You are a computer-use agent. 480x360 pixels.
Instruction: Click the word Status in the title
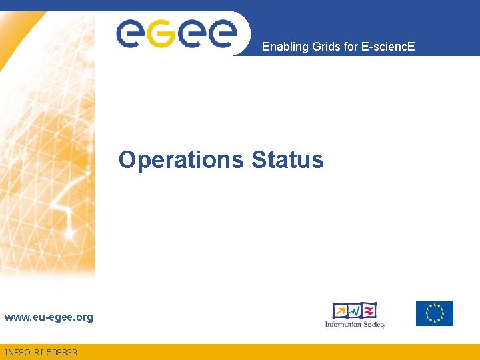pyautogui.click(x=287, y=160)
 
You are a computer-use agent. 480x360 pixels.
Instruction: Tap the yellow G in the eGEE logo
pyautogui.click(x=161, y=33)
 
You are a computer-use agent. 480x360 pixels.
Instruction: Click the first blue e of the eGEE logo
pyautogui.click(x=130, y=33)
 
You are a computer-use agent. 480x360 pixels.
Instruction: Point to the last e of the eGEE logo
pyautogui.click(x=221, y=33)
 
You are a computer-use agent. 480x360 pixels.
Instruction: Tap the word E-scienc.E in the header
pyautogui.click(x=387, y=47)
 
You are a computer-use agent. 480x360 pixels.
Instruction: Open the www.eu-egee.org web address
pyautogui.click(x=49, y=317)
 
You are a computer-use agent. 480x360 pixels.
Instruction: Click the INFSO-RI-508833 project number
pyautogui.click(x=41, y=352)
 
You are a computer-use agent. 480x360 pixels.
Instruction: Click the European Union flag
pyautogui.click(x=435, y=313)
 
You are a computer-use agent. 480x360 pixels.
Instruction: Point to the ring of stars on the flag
pyautogui.click(x=435, y=313)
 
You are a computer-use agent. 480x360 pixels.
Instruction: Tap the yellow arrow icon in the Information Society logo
pyautogui.click(x=340, y=311)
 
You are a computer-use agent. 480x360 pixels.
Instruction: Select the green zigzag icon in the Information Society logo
pyautogui.click(x=355, y=311)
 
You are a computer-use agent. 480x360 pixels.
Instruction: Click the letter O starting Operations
pyautogui.click(x=127, y=161)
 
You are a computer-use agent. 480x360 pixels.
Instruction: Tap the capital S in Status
pyautogui.click(x=259, y=161)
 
